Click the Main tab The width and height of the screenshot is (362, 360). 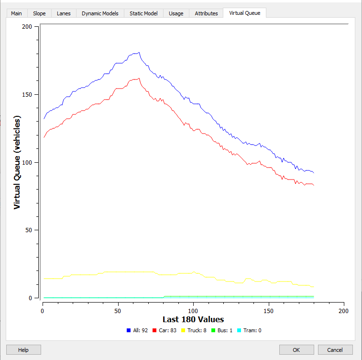pos(17,13)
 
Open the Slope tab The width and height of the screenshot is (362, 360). pos(39,13)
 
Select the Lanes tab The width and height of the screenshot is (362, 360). pos(64,13)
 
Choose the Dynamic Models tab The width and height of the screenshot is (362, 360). pos(100,13)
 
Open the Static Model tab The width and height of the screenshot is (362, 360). pos(143,13)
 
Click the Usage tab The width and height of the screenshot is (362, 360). pos(176,13)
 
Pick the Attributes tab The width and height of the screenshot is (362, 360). pos(206,13)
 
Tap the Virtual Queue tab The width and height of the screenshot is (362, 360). pos(244,13)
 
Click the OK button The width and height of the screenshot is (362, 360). pos(296,350)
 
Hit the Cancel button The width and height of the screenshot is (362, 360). pos(335,350)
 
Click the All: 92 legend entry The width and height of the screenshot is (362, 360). pos(137,330)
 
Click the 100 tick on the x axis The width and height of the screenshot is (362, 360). pos(193,311)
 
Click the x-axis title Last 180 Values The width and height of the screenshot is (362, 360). pos(193,319)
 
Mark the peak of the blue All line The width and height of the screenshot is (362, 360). pos(138,53)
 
